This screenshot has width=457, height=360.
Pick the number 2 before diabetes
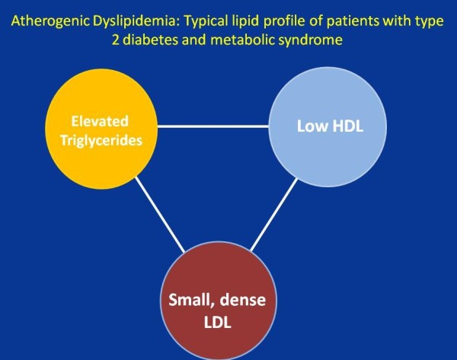[116, 40]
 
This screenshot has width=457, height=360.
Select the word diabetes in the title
[150, 40]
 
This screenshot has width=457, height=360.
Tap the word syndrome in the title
[311, 40]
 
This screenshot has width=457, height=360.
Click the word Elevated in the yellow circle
[100, 121]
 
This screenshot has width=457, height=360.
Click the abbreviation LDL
[217, 323]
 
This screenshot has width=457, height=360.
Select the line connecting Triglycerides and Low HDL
[213, 126]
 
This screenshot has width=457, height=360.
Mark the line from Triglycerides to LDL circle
[160, 215]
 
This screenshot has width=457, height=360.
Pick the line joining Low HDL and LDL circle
[274, 215]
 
